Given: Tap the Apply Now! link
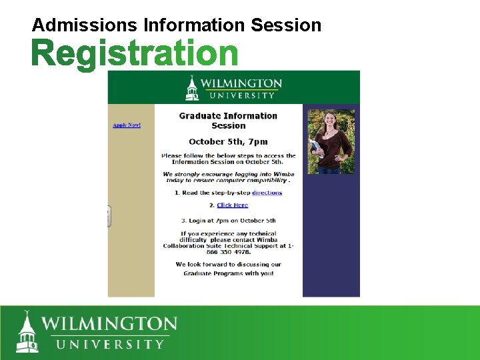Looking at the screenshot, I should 127,125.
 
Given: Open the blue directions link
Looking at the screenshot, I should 267,193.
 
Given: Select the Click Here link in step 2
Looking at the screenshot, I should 232,205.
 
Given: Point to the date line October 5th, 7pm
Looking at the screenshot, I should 228,141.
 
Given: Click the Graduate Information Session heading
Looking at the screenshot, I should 228,121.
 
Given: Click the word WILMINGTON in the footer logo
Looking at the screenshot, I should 110,325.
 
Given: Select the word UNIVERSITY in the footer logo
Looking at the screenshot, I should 110,345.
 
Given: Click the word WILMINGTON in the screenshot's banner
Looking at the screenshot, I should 241,83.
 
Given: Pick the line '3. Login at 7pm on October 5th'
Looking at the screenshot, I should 228,221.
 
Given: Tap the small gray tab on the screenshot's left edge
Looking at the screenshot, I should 109,216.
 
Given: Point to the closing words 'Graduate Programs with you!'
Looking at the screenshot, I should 228,273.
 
